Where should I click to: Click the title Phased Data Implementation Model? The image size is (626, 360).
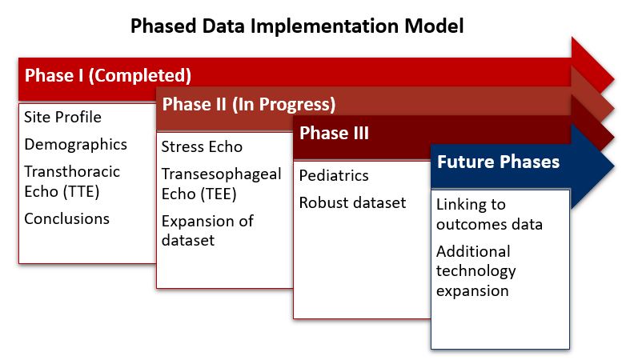[x=297, y=26]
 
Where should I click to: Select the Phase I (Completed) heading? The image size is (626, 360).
[x=108, y=75]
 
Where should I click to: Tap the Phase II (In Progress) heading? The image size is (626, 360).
[x=249, y=104]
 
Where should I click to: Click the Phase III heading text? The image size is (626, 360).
[x=334, y=133]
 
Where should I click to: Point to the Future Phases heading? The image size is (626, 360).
[x=498, y=162]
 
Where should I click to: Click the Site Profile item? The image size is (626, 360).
[x=62, y=117]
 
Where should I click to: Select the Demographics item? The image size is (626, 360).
[x=75, y=145]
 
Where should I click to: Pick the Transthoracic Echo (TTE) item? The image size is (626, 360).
[x=72, y=182]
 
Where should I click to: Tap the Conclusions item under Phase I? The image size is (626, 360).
[x=66, y=218]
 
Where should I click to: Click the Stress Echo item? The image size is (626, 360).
[x=202, y=147]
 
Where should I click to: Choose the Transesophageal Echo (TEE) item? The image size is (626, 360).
[x=221, y=184]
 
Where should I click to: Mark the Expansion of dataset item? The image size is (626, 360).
[x=207, y=230]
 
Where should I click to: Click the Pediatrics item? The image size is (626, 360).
[x=334, y=176]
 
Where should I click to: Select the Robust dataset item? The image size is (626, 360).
[x=352, y=202]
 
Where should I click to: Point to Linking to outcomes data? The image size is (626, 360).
[x=489, y=214]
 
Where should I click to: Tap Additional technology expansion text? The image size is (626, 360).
[x=476, y=271]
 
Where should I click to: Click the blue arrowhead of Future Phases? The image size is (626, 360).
[x=592, y=166]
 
